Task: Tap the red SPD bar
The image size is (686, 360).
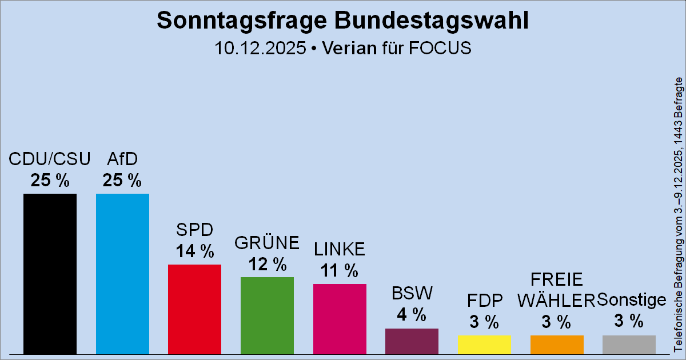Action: coord(194,309)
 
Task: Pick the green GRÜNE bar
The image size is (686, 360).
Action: coord(267,315)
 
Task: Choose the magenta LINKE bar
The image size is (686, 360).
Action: coord(340,318)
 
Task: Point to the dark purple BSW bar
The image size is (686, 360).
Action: coord(412,341)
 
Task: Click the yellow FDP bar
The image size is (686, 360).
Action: coord(484,344)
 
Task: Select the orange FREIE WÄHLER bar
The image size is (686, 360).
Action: coord(557,344)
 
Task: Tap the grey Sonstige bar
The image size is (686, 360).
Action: coord(629,344)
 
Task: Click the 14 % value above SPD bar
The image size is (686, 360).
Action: coord(194,251)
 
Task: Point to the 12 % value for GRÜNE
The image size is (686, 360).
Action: coord(267,264)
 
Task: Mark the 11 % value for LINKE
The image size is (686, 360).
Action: coord(340,270)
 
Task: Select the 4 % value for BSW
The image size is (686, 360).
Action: coord(412,314)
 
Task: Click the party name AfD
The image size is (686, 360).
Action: coord(122,159)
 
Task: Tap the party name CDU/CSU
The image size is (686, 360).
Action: coord(50,159)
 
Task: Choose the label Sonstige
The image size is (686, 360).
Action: coord(632,299)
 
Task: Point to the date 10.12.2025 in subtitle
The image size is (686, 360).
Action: coord(260,48)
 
